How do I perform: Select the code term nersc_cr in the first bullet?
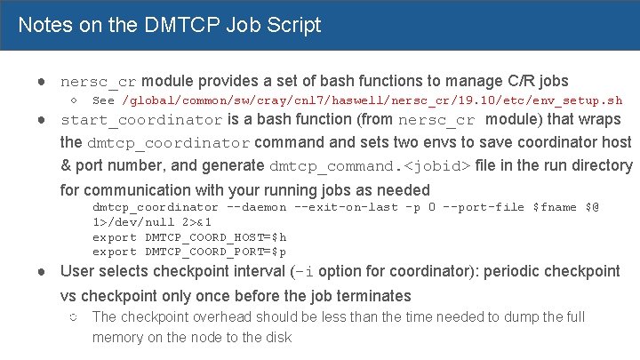coord(98,82)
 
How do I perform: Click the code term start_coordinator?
coord(141,120)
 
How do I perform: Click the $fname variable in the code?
coord(553,207)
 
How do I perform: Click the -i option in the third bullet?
coord(302,272)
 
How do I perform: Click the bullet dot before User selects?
coord(42,271)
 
